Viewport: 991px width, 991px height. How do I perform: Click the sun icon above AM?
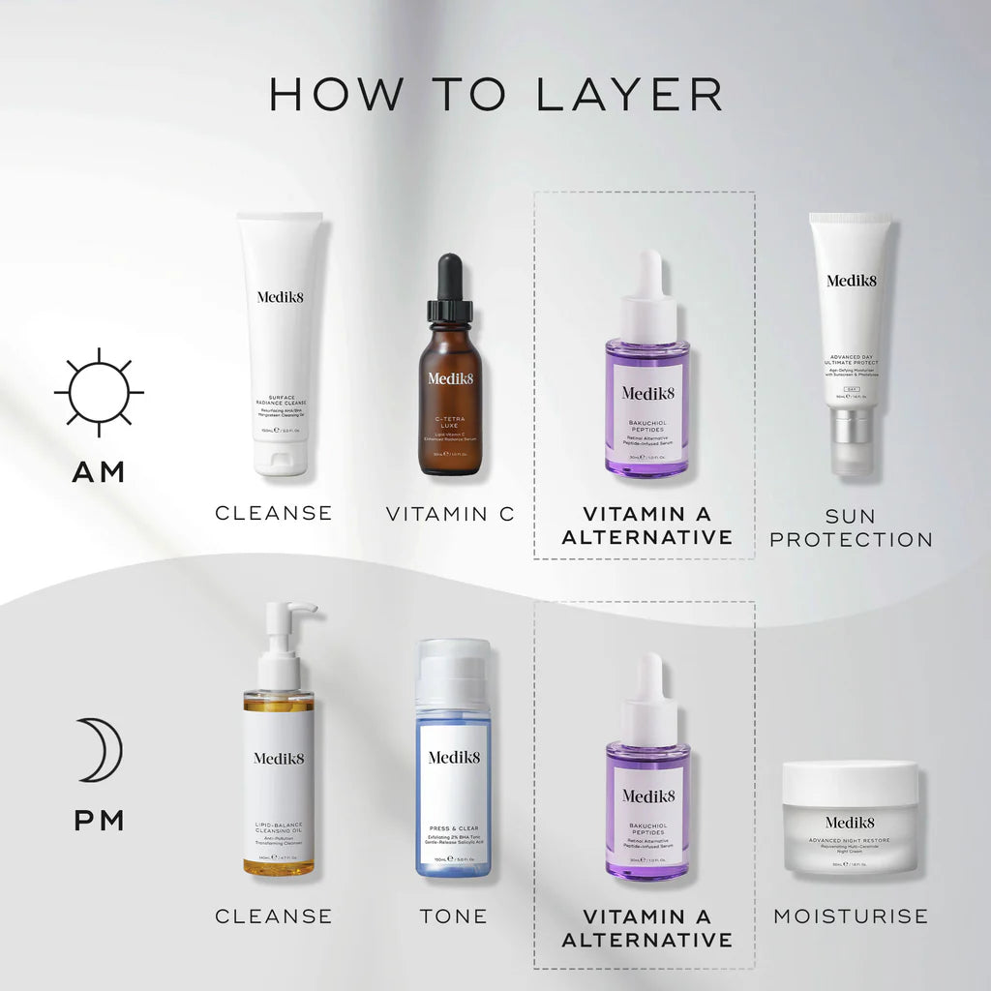pyautogui.click(x=99, y=393)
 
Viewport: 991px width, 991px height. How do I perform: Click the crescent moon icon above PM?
pyautogui.click(x=101, y=749)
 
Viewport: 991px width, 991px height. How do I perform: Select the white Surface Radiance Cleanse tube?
pyautogui.click(x=280, y=329)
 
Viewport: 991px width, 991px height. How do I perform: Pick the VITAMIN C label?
pyautogui.click(x=450, y=514)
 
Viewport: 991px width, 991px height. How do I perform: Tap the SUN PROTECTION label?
pyautogui.click(x=851, y=526)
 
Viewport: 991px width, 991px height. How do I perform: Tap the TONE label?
pyautogui.click(x=453, y=916)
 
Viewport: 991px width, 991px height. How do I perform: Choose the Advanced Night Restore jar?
pyautogui.click(x=850, y=818)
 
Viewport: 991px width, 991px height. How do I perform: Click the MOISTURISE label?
pyautogui.click(x=851, y=916)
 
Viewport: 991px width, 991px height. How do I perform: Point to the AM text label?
pyautogui.click(x=99, y=472)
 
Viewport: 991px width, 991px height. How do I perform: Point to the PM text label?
pyautogui.click(x=99, y=822)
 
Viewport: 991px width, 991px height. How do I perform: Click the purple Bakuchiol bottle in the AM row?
pyautogui.click(x=647, y=397)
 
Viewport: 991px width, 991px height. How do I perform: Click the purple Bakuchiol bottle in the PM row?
pyautogui.click(x=647, y=798)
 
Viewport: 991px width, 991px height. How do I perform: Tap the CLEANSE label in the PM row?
pyautogui.click(x=273, y=916)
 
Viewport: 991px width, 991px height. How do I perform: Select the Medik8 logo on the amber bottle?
pyautogui.click(x=450, y=377)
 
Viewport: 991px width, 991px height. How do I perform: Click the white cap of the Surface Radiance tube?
pyautogui.click(x=281, y=457)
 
